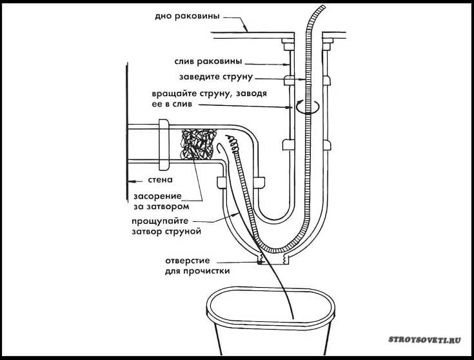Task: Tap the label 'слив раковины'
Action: (208, 61)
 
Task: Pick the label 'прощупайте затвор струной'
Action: (168, 225)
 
